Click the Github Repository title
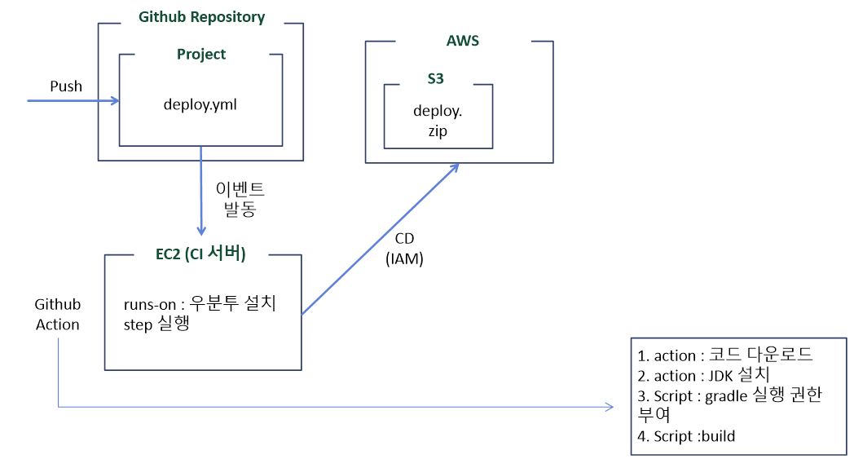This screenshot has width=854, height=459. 201,17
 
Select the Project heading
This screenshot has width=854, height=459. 201,55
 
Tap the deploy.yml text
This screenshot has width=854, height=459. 200,104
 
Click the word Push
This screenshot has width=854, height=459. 66,86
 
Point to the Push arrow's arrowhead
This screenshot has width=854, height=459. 116,101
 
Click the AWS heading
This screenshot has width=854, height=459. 462,41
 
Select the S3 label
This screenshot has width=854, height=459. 435,79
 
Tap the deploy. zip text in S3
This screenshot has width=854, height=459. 438,121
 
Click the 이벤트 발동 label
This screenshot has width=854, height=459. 240,199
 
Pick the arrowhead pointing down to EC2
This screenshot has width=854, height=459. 201,232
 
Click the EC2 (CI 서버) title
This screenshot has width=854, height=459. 200,254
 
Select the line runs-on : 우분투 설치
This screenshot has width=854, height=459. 200,303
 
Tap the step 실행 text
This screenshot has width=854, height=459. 156,324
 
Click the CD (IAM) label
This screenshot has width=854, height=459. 404,249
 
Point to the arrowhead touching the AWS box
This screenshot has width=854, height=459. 454,167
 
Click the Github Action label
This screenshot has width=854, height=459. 58,314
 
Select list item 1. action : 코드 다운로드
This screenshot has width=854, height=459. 725,355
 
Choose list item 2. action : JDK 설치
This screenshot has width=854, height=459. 703,375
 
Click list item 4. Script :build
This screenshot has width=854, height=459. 686,436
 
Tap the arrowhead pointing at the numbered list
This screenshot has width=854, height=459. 610,407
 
